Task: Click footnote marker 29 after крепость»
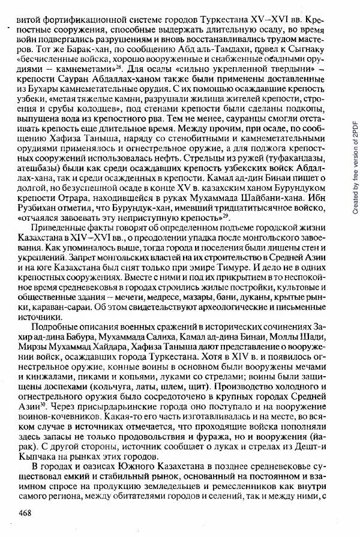coord(224,215)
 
